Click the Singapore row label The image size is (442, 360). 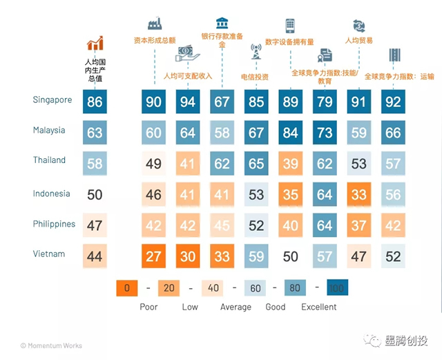point(52,100)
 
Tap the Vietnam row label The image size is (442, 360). point(49,254)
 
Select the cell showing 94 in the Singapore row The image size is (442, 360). point(188,103)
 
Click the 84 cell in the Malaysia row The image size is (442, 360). point(291,133)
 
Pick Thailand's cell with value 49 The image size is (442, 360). point(153,164)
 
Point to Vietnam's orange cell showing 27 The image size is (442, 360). point(153,256)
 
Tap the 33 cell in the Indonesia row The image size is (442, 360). point(358,195)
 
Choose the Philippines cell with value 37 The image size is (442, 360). point(358,226)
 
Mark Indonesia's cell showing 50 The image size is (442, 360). point(95,195)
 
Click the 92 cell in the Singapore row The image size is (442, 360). point(393,103)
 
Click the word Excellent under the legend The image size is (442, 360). point(319,307)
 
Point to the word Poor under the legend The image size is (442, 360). point(148,307)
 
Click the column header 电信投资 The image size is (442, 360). point(255,77)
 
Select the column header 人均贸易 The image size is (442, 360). point(358,41)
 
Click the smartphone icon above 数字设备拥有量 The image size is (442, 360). point(290,26)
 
